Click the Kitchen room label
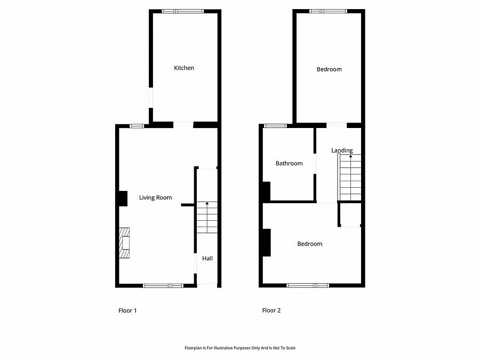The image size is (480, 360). point(184,68)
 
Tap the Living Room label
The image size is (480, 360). point(156,198)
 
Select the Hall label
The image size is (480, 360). point(207,259)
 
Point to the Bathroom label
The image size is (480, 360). point(289,164)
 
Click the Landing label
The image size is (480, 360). point(342,150)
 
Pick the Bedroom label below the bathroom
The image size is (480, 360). point(310,244)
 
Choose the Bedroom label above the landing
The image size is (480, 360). point(329,69)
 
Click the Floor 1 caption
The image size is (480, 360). point(127,310)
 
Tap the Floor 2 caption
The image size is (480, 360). point(271,310)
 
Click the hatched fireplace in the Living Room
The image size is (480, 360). point(125,243)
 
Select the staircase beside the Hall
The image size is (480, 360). point(207,217)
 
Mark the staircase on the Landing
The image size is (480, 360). point(350,177)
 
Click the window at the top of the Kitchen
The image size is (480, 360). point(183,11)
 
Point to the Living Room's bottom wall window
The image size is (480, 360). point(163,285)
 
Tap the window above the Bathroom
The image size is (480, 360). point(276,126)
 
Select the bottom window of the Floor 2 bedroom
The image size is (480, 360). point(308,285)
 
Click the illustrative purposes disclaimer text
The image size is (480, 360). point(240,348)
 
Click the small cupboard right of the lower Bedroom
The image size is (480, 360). point(351,214)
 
